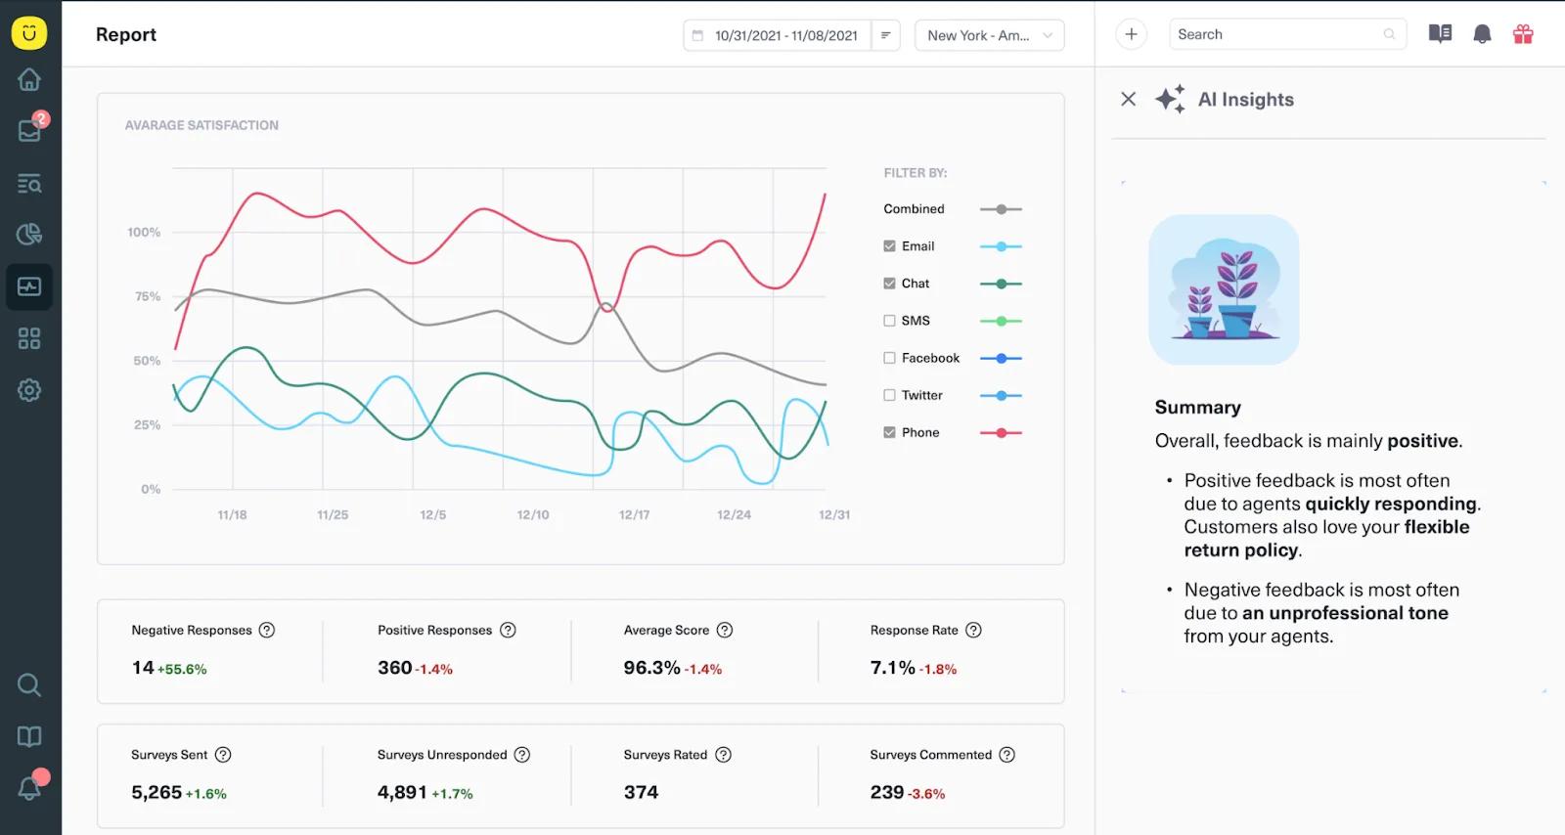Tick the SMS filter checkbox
coord(889,321)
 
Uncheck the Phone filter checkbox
coord(889,432)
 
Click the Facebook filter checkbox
coord(889,358)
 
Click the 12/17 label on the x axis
coord(634,514)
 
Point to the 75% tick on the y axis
coord(148,296)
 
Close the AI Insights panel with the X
coord(1128,99)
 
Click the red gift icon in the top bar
coord(1523,34)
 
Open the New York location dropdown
coord(989,35)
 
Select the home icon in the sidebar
coord(28,79)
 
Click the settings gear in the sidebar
coord(28,389)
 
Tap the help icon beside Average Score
coord(725,630)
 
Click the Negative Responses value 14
coord(143,668)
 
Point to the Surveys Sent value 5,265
coord(156,792)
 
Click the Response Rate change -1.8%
coord(938,669)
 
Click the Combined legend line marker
coord(1001,209)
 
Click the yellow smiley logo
coord(28,33)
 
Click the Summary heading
coord(1197,407)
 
